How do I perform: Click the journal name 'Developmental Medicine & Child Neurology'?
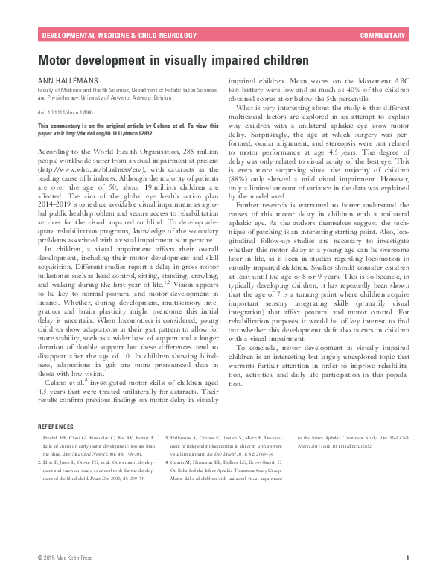pyautogui.click(x=119, y=36)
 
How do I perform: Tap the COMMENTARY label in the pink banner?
pyautogui.click(x=382, y=36)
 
